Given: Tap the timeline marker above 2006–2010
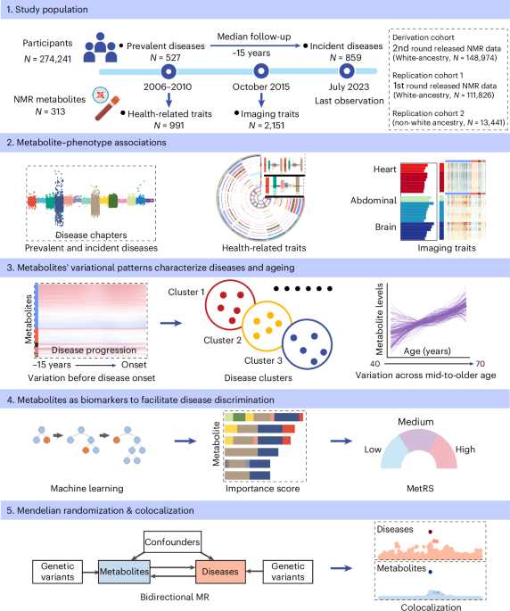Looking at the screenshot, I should coord(168,70).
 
